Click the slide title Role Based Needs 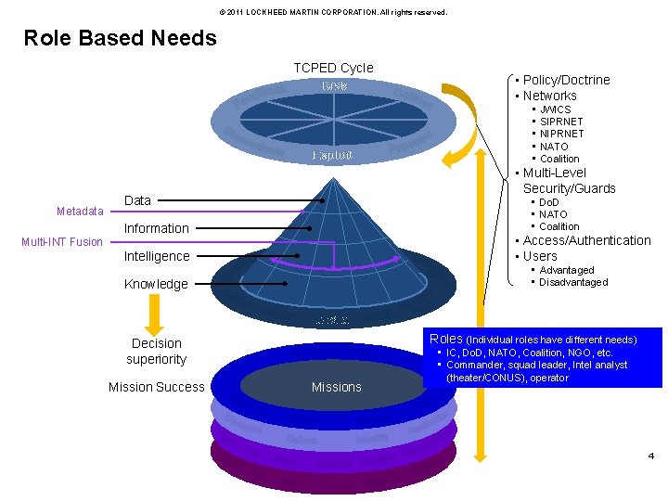click(120, 38)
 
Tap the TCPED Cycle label click(333, 68)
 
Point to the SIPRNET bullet click(562, 122)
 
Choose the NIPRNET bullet click(562, 134)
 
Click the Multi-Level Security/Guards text click(569, 181)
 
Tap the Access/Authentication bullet click(586, 240)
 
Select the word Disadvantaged click(573, 282)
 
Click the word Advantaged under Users click(567, 270)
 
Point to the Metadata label click(80, 212)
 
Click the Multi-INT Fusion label click(62, 242)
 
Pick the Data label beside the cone click(137, 200)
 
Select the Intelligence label click(157, 256)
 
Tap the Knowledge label click(156, 284)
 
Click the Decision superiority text click(156, 351)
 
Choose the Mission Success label click(156, 387)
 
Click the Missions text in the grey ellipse click(337, 387)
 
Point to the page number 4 click(651, 456)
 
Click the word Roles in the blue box click(445, 339)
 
